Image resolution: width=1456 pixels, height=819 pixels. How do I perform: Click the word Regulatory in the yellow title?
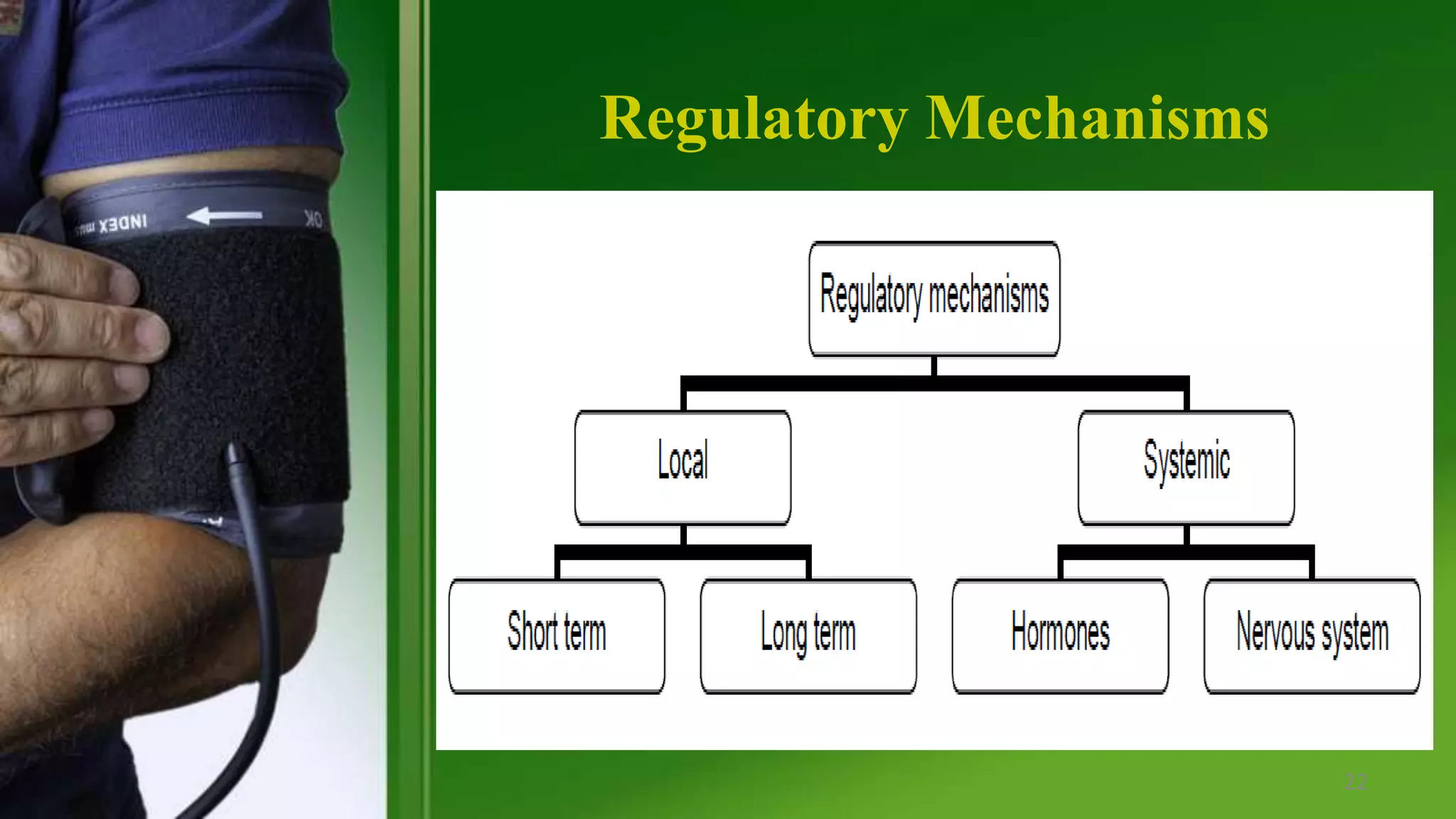pos(754,119)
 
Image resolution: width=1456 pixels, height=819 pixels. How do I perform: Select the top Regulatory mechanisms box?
pos(934,298)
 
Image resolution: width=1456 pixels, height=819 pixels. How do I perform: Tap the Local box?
pos(682,467)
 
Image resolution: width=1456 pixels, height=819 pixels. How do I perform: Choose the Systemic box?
pos(1186,467)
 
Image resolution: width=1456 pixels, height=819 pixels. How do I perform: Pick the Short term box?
pos(557,635)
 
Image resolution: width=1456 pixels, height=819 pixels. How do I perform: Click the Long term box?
pos(808,635)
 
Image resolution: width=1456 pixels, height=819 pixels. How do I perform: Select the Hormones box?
pos(1060,635)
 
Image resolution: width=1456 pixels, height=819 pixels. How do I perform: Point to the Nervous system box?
pos(1312,635)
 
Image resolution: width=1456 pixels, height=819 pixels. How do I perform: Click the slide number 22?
pos(1356,782)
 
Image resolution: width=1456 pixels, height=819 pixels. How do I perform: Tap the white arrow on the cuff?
pos(225,215)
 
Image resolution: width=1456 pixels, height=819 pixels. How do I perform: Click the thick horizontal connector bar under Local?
pos(682,552)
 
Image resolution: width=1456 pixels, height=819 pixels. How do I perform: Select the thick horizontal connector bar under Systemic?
pos(1186,552)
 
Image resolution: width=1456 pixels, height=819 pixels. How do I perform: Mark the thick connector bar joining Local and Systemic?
pos(934,383)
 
